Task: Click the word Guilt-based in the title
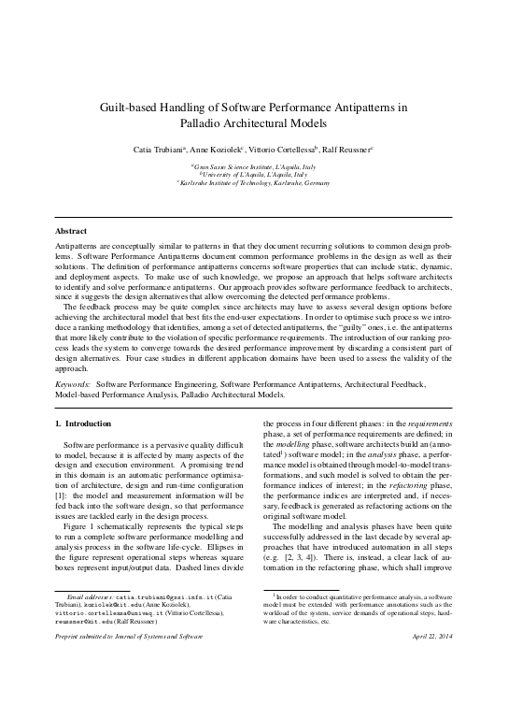pos(133,108)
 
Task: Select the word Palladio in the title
pos(205,122)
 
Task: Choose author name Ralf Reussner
pos(350,149)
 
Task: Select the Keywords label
pos(73,383)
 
